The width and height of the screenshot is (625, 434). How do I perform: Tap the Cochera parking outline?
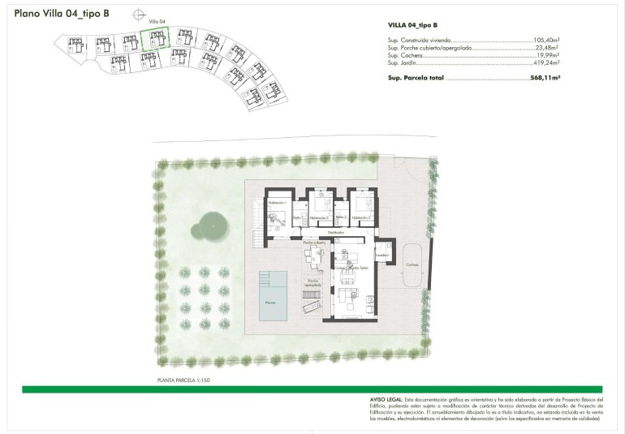tap(413, 265)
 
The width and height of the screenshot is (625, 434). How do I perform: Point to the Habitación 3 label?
tap(362, 218)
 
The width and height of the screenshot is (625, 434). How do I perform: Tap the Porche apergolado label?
tap(313, 284)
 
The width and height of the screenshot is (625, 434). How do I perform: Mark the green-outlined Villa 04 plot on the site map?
tap(154, 39)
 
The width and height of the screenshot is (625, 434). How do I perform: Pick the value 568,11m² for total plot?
tap(545, 78)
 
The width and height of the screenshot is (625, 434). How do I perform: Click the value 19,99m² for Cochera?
tap(548, 55)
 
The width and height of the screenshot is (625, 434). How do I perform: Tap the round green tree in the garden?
tap(211, 225)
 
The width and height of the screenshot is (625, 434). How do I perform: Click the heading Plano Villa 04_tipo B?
tap(62, 14)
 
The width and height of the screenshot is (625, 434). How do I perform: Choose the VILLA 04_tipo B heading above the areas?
tap(416, 26)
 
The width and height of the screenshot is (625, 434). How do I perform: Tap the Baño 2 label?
tap(341, 217)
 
